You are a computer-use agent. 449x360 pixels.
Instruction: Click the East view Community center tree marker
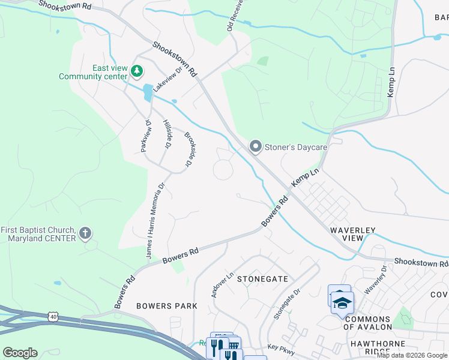137,72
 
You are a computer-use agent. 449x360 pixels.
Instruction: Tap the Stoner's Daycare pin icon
255,146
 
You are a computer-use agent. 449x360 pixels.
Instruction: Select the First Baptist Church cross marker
85,233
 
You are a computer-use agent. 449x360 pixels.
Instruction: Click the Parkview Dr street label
145,135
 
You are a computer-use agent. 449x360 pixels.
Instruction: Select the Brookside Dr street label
190,149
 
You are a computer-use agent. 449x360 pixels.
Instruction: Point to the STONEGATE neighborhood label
262,279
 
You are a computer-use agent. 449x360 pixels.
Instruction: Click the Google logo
20,353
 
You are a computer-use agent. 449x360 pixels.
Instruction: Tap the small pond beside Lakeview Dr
148,92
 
